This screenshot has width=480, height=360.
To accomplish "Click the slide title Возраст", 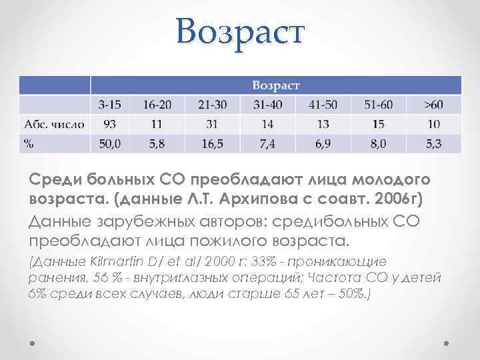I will [x=240, y=31].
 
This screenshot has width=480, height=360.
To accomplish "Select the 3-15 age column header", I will [x=110, y=105].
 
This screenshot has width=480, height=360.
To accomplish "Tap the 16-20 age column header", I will [x=157, y=105].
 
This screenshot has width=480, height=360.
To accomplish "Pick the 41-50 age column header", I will [x=323, y=105].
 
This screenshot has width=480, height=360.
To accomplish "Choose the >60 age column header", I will [x=433, y=105].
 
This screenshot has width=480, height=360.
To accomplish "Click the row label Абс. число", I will [x=54, y=124].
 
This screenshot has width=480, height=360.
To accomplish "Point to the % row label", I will [x=29, y=143].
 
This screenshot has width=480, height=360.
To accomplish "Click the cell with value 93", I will [x=110, y=124].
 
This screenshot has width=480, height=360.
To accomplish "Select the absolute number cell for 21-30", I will [x=212, y=124].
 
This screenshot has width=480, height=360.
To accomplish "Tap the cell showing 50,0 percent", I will [x=110, y=143].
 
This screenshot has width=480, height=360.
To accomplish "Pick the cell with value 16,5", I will [x=212, y=143].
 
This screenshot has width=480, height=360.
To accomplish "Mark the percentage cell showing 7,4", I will [x=267, y=143].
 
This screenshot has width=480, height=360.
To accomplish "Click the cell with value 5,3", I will [x=433, y=143].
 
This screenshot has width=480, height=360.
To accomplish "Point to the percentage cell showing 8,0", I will [x=378, y=143].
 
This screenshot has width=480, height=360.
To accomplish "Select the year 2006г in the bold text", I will [x=395, y=199].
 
